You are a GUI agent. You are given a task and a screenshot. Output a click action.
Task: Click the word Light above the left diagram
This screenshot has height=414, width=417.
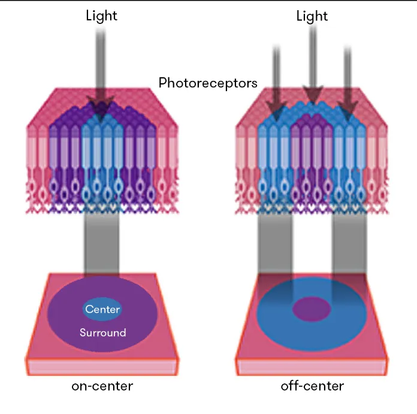(102, 16)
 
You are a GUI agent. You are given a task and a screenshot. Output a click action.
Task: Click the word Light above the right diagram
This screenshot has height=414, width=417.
(312, 16)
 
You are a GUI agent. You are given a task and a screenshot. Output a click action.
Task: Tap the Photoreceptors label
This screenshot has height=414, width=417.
(208, 83)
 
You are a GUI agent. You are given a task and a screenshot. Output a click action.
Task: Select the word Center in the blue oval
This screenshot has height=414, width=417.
(102, 310)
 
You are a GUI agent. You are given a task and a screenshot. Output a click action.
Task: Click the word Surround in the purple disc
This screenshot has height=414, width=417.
(102, 332)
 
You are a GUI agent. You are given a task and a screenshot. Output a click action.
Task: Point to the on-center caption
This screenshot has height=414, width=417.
(102, 386)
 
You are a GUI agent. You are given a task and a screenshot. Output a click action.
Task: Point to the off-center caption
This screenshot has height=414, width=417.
(312, 386)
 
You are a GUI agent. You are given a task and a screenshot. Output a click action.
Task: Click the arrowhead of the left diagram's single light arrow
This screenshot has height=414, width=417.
(101, 108)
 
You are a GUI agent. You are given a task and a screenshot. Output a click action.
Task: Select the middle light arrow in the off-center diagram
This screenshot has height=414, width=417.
(312, 66)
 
